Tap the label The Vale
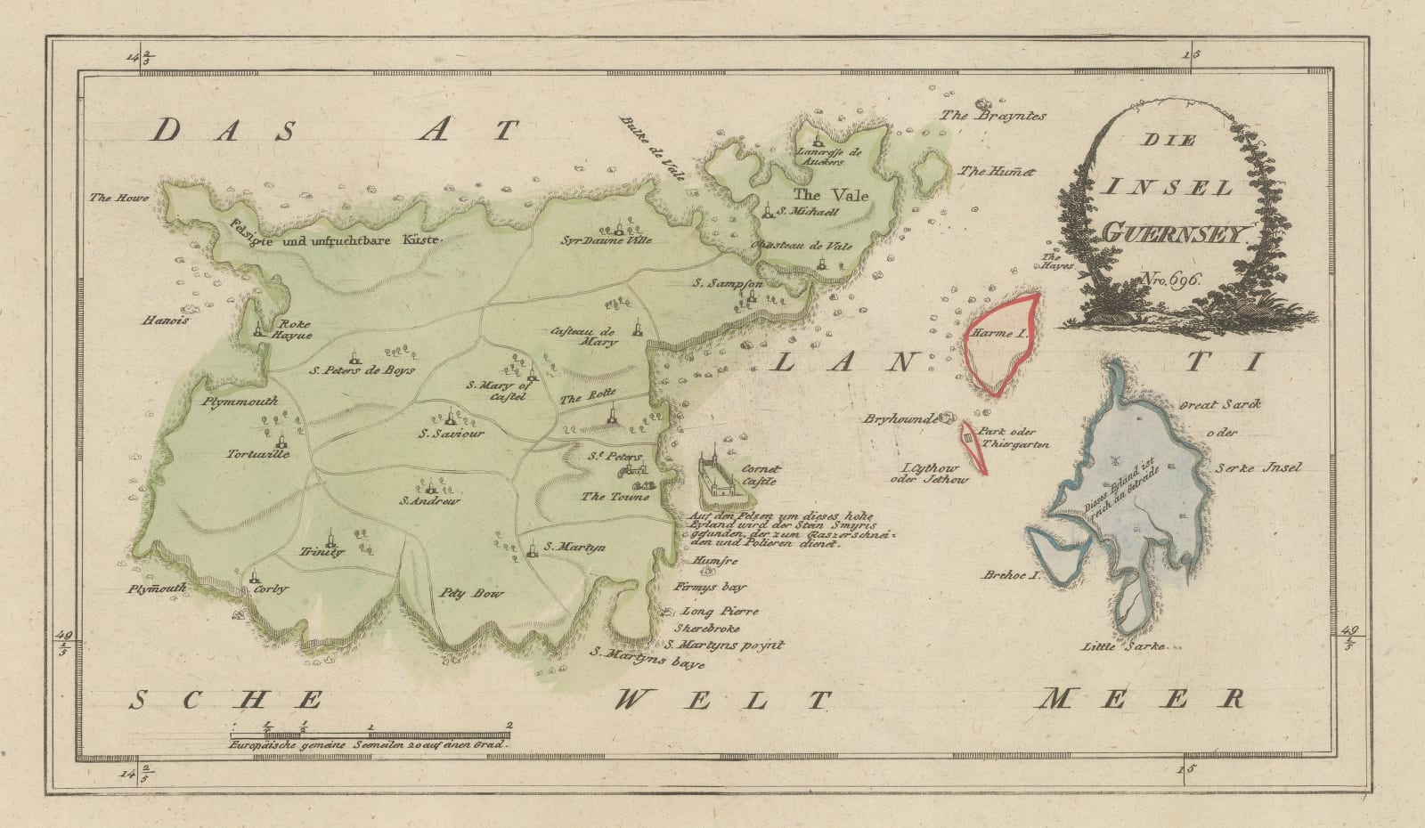pyautogui.click(x=831, y=194)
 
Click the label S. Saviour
pyautogui.click(x=452, y=434)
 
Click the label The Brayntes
pyautogui.click(x=1007, y=116)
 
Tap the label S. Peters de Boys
pyautogui.click(x=362, y=369)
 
